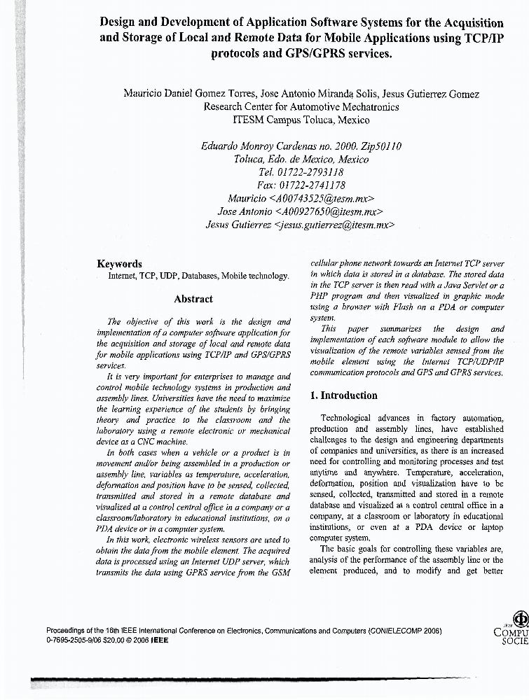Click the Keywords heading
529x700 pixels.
point(119,264)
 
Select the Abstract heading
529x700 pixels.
point(193,299)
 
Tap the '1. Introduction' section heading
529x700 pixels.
point(343,395)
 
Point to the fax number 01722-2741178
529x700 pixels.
point(309,185)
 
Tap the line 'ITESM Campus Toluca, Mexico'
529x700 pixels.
point(301,120)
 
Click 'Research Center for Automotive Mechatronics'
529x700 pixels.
point(301,107)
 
